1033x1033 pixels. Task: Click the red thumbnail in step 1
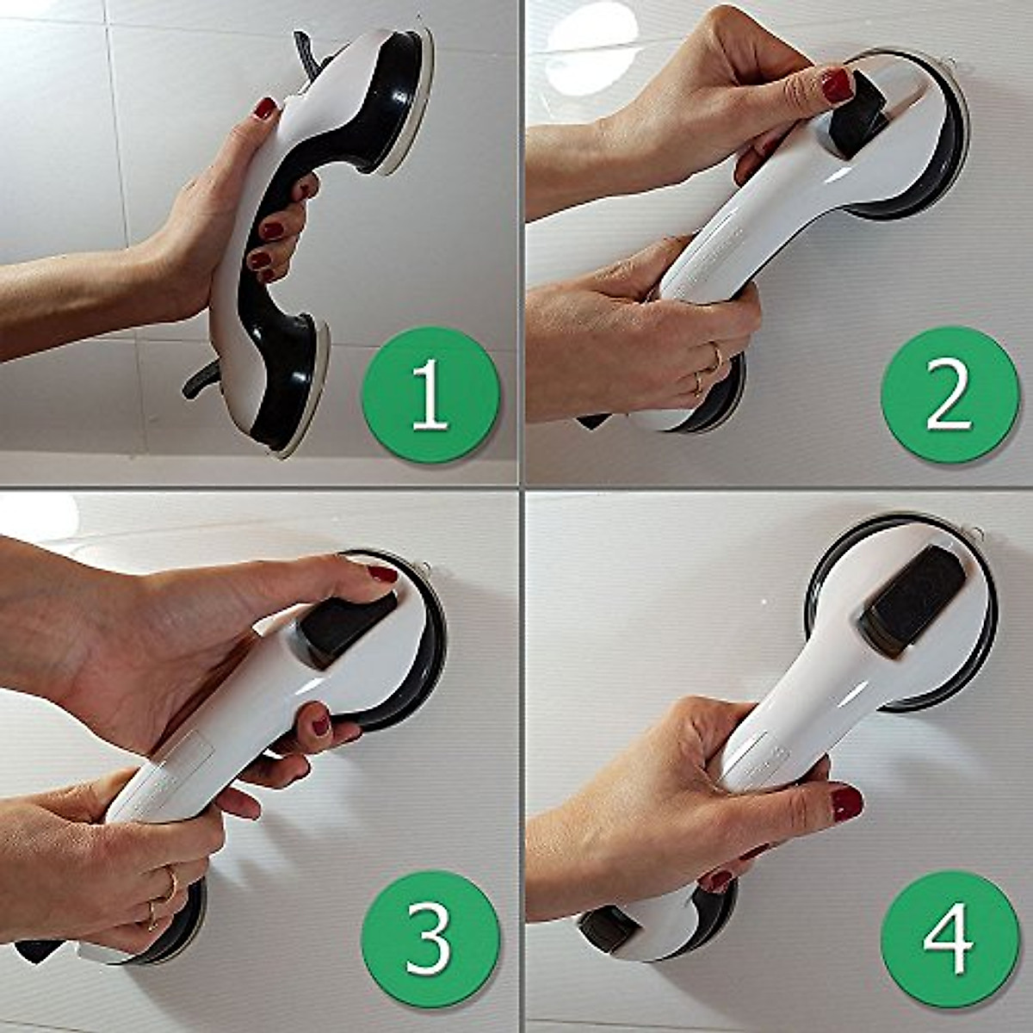(x=266, y=109)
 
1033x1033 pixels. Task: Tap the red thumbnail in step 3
(x=382, y=573)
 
